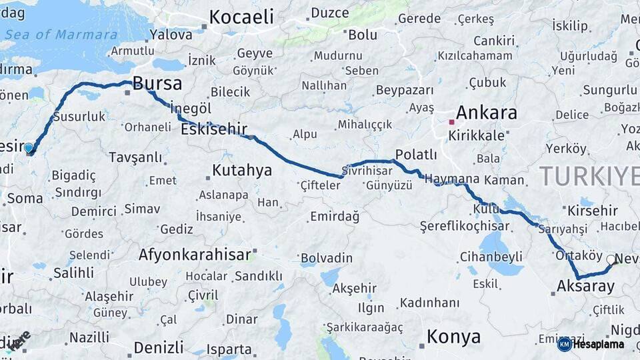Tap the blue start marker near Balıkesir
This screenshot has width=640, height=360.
click(x=29, y=148)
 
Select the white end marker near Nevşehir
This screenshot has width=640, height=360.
click(x=611, y=260)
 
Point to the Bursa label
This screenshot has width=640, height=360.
click(x=157, y=83)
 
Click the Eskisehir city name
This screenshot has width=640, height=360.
click(x=213, y=129)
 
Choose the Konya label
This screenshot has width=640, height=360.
click(x=453, y=337)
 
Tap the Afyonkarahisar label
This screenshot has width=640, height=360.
click(x=195, y=254)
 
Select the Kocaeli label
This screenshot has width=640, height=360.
click(x=241, y=17)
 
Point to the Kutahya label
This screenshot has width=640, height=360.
click(x=241, y=170)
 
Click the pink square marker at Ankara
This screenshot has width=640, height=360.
click(x=451, y=122)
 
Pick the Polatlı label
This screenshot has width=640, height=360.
click(x=415, y=155)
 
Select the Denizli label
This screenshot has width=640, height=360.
click(x=158, y=347)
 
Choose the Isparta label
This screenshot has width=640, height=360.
click(x=229, y=349)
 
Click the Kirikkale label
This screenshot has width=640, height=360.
click(x=476, y=135)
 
